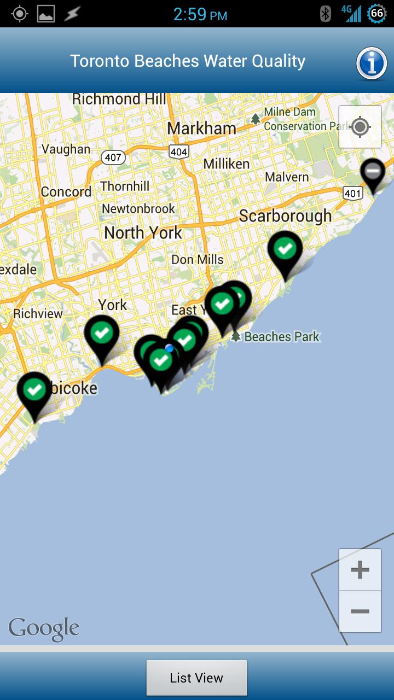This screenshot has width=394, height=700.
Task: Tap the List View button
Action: click(x=196, y=678)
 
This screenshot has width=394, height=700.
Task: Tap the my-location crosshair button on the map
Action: click(x=360, y=127)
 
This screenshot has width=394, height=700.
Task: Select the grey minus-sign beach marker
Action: click(x=373, y=172)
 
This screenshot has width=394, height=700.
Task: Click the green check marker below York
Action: click(x=102, y=332)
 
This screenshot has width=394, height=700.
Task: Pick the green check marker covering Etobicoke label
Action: click(x=34, y=390)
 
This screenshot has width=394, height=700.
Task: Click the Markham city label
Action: click(x=201, y=129)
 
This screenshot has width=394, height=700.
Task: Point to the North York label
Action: click(x=143, y=233)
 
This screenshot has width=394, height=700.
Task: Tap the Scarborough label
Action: click(x=285, y=216)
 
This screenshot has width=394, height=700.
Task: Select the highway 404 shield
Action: click(x=178, y=151)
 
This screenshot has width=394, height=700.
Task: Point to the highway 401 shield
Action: click(x=353, y=192)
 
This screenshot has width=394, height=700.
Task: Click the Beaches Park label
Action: click(x=281, y=336)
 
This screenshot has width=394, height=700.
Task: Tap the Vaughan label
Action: click(x=66, y=149)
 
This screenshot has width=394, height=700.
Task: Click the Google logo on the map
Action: click(x=44, y=629)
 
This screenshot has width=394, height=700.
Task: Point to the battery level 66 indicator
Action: click(x=376, y=14)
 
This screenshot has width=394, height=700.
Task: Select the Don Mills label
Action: click(x=198, y=259)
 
